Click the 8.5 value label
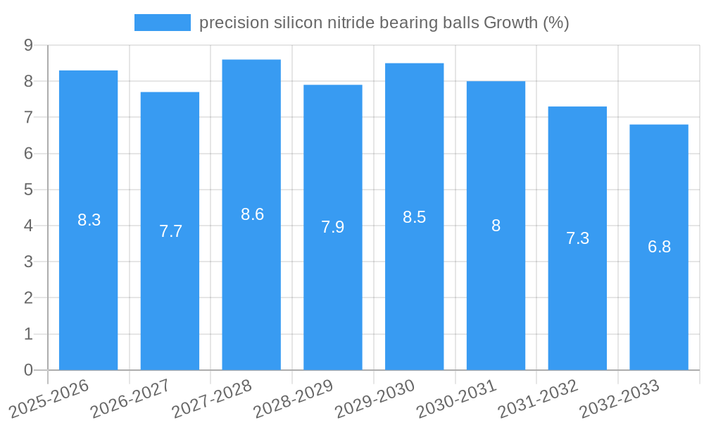pyautogui.click(x=415, y=217)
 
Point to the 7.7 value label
pyautogui.click(x=170, y=231)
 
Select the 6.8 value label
pyautogui.click(x=659, y=247)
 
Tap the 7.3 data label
pyautogui.click(x=577, y=238)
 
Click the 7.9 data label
pyautogui.click(x=333, y=227)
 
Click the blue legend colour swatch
pyautogui.click(x=163, y=23)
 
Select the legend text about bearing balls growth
pyautogui.click(x=384, y=23)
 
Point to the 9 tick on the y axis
pyautogui.click(x=29, y=45)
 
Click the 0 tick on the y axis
pyautogui.click(x=29, y=370)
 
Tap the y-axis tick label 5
pyautogui.click(x=29, y=190)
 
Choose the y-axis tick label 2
pyautogui.click(x=29, y=298)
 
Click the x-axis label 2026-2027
pyautogui.click(x=131, y=398)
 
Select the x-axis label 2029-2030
pyautogui.click(x=375, y=398)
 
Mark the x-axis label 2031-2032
pyautogui.click(x=539, y=398)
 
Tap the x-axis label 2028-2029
pyautogui.click(x=294, y=398)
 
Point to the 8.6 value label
pyautogui.click(x=252, y=214)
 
